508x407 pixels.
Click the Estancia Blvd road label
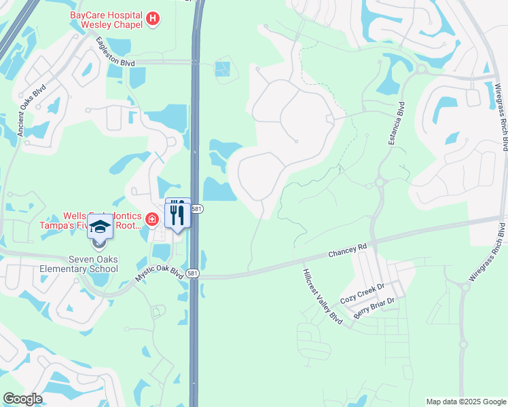(392, 125)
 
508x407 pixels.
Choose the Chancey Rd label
(347, 250)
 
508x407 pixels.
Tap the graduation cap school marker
(100, 226)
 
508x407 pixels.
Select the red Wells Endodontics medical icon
(151, 218)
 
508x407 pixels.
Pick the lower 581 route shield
(193, 273)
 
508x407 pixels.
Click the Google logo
(22, 399)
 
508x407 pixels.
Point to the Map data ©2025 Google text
(466, 402)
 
